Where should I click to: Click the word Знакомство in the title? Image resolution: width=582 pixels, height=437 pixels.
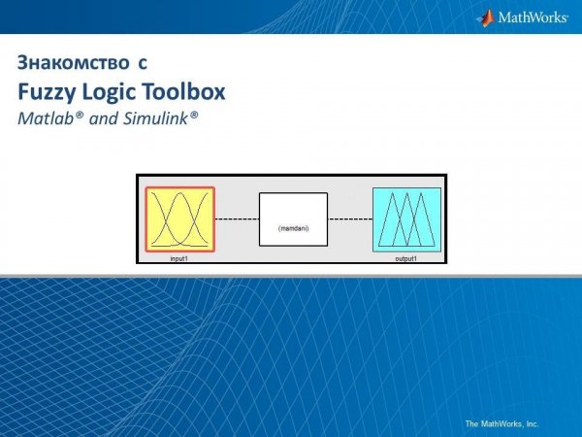point(70,65)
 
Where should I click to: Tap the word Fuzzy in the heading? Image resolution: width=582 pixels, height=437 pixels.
point(45,93)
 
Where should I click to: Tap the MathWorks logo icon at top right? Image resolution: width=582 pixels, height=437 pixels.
point(486,17)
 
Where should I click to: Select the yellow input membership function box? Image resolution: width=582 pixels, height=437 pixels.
point(179,220)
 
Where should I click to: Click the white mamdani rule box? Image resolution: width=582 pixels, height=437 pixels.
point(293,219)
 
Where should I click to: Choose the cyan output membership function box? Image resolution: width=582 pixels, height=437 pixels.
point(406,219)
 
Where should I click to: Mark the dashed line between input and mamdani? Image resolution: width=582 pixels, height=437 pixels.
point(236,219)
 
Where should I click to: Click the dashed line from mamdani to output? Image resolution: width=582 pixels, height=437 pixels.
point(350,219)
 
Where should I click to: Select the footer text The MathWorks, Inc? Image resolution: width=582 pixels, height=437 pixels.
point(501,423)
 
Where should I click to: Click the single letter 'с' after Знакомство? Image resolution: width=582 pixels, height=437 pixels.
point(142,65)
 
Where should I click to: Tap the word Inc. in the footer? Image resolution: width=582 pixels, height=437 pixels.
point(531,423)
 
